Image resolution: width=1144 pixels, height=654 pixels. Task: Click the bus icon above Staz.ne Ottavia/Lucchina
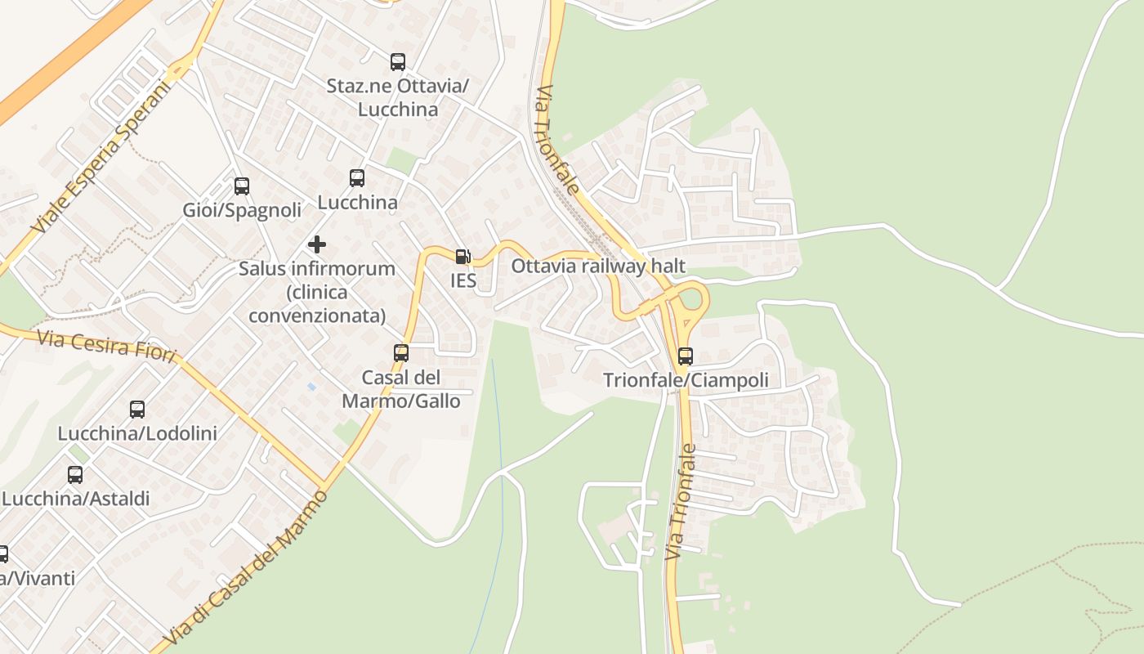pos(397,61)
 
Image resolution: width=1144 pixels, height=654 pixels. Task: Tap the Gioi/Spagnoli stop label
pos(242,210)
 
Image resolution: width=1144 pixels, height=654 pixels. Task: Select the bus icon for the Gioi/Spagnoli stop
pos(242,186)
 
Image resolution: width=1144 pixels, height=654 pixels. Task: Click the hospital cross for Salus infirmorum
pos(317,244)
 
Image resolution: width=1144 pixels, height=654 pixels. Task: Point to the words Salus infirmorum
pos(317,268)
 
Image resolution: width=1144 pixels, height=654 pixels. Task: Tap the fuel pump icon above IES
pos(463,257)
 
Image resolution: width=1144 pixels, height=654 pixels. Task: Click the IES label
pos(463,280)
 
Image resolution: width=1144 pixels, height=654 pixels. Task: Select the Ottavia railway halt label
pos(598,266)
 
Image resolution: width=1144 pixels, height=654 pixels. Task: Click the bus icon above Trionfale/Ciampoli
pos(685,356)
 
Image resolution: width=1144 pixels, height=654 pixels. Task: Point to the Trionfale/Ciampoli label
pos(685,380)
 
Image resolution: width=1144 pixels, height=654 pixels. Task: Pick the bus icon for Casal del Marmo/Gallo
pos(401,353)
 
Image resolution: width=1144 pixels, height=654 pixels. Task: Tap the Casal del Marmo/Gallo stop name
pos(401,389)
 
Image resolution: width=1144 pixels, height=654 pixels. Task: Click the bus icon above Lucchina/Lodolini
pos(137,410)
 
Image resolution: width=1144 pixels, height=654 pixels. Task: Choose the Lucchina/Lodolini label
pos(137,433)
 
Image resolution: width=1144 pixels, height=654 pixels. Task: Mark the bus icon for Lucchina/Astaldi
pos(75,475)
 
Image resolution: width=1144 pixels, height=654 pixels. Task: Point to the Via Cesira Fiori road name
pos(106,344)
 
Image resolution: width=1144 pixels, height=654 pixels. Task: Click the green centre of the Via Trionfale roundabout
pos(691,299)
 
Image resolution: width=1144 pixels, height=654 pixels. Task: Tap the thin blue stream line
pos(498,458)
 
